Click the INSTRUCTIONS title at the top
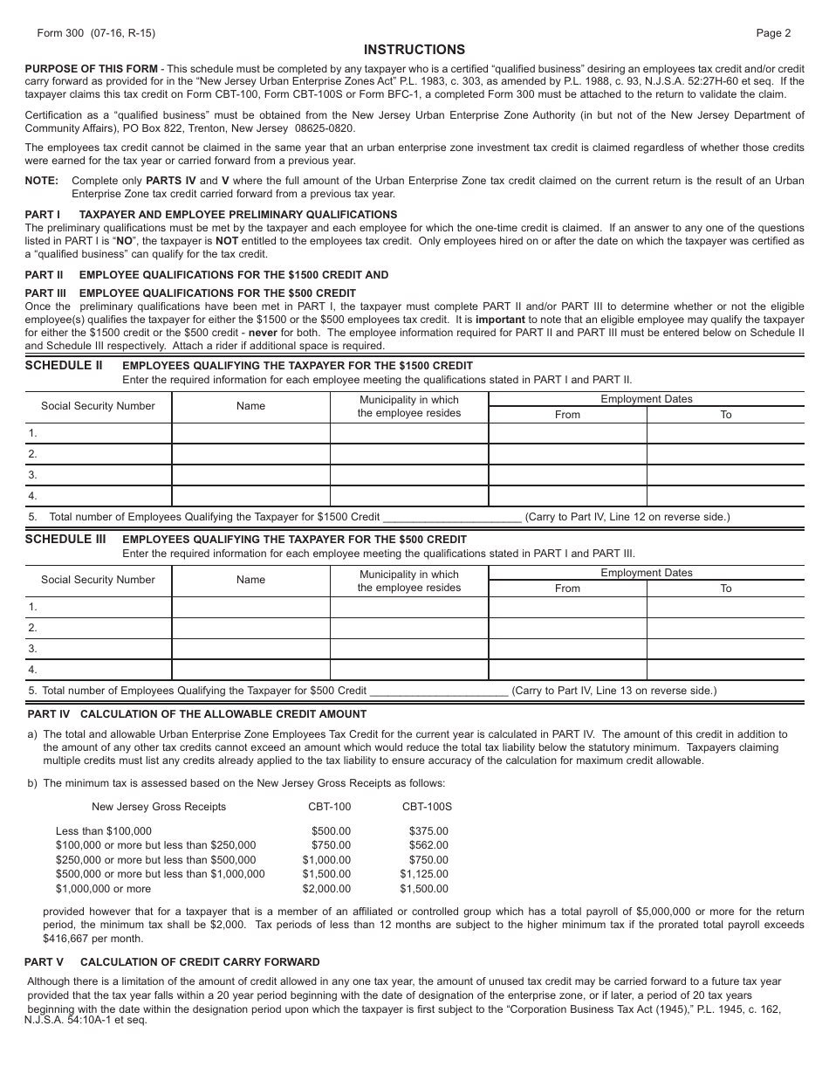(414, 50)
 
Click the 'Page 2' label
(773, 33)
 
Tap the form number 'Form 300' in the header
(57, 33)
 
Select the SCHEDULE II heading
(64, 365)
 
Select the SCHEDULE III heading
(65, 539)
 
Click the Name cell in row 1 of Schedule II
(250, 433)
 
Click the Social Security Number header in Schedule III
(98, 580)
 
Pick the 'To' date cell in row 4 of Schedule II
(725, 496)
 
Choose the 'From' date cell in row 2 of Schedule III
(567, 628)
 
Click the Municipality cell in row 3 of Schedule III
(408, 649)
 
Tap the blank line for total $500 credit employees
(439, 691)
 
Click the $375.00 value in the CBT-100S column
(428, 831)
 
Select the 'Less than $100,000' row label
(104, 831)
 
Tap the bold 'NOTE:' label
(42, 181)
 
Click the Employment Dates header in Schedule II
(646, 399)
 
